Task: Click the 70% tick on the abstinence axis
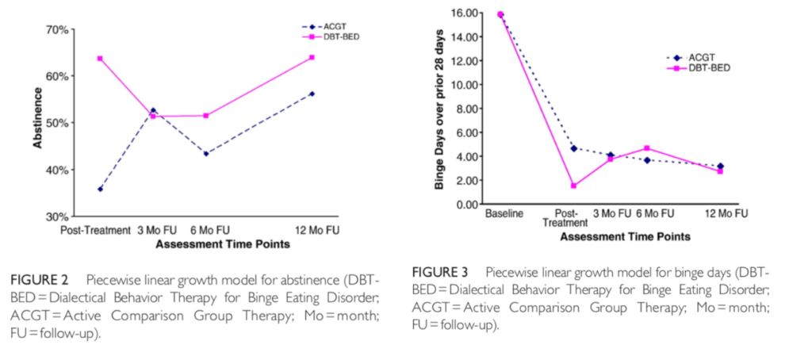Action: point(59,30)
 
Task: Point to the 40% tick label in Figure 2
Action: point(59,170)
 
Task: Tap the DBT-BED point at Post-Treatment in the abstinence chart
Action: point(100,59)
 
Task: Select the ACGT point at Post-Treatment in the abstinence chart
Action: point(100,189)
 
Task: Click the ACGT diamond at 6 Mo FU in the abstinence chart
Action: point(206,153)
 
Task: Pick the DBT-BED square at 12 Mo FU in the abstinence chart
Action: point(312,57)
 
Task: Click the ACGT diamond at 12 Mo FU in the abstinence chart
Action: point(312,94)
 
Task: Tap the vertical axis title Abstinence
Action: point(37,124)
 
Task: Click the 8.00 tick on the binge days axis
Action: point(469,109)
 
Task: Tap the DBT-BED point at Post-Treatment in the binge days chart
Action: point(573,186)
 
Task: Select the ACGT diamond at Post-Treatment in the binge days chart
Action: point(573,148)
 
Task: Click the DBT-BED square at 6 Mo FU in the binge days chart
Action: point(647,148)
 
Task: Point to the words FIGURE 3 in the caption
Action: point(443,272)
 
